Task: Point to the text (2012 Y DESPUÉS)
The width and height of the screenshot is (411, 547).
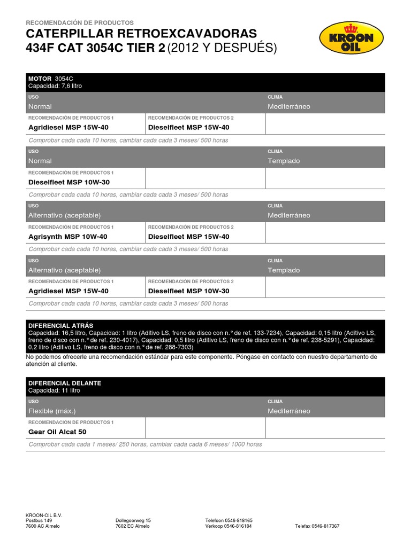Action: [222, 49]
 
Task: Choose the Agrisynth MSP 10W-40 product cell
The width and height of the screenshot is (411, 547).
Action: [67, 237]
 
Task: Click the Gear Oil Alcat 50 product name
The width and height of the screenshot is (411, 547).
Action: [57, 432]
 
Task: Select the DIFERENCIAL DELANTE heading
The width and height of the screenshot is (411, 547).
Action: [64, 383]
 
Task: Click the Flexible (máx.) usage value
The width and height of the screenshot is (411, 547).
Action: [52, 411]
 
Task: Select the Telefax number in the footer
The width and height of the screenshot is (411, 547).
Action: [317, 526]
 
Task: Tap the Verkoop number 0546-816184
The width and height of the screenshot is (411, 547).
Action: [229, 526]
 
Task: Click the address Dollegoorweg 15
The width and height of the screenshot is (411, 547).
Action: [133, 520]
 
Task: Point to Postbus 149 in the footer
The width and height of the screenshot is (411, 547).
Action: [39, 520]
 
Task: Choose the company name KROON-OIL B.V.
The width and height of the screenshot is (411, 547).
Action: [44, 514]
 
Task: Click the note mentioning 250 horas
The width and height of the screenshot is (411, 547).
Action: [145, 444]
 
